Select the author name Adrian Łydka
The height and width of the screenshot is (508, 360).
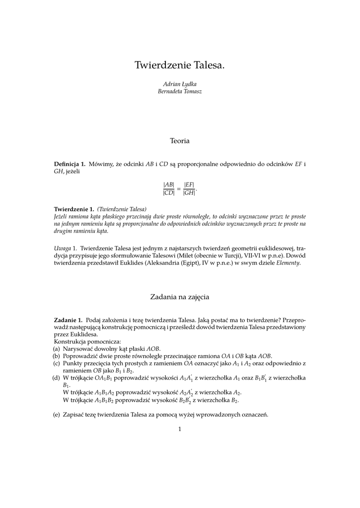180,84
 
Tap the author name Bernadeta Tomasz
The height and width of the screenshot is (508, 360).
180,91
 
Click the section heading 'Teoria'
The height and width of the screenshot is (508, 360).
180,141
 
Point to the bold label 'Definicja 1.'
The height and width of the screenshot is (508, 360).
70,164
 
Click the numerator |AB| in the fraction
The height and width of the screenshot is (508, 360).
169,185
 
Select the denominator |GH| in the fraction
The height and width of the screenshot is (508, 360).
189,193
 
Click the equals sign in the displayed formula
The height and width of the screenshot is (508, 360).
179,189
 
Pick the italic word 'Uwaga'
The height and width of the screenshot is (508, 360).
62,248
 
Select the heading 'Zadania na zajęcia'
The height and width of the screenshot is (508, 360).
180,297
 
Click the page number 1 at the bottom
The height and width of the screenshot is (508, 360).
180,429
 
